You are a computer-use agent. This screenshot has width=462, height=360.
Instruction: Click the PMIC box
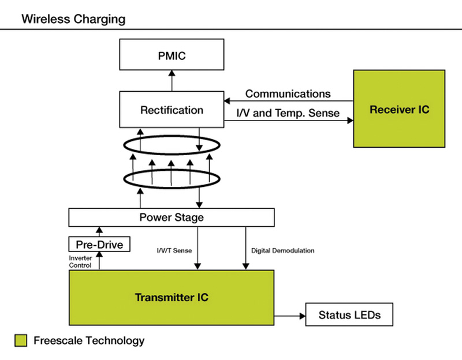tap(172, 55)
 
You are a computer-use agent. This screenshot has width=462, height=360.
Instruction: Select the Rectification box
tap(172, 110)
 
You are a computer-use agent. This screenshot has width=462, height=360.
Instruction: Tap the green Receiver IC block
tap(399, 109)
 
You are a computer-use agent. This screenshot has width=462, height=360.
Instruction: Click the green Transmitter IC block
tap(172, 298)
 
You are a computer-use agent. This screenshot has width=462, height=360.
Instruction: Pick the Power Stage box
tap(172, 217)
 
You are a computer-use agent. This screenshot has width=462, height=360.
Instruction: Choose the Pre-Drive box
tap(99, 244)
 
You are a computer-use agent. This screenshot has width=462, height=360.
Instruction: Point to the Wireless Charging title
tap(73, 19)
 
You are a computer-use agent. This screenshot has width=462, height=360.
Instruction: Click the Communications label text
tap(288, 93)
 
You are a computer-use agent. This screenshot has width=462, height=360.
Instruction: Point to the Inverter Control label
tap(80, 261)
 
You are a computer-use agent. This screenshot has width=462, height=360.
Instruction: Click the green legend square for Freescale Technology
tap(21, 340)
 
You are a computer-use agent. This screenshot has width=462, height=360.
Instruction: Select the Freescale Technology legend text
tap(89, 340)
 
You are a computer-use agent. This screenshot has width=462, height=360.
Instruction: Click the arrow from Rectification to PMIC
tap(172, 80)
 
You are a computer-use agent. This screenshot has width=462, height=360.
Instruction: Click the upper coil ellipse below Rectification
tap(172, 145)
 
